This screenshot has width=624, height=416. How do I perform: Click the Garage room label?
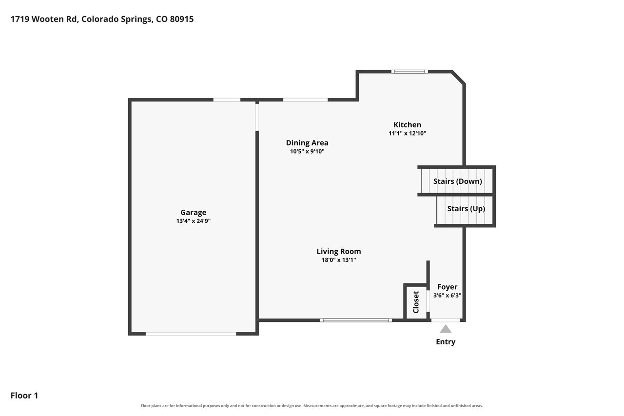(194, 213)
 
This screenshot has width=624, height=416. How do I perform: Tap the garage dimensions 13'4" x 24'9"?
(194, 221)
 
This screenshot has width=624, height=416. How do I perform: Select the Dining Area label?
(307, 143)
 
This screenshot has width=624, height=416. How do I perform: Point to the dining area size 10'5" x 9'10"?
(307, 151)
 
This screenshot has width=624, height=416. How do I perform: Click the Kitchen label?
(407, 124)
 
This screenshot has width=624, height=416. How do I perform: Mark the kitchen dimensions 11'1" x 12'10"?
(407, 133)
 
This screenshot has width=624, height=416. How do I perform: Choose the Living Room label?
(339, 252)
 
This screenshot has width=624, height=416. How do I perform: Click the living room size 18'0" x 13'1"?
(339, 260)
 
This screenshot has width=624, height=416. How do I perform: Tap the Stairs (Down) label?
(457, 181)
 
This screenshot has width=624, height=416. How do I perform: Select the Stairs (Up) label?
(466, 209)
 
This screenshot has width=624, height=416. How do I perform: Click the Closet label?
(416, 302)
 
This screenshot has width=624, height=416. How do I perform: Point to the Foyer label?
(447, 287)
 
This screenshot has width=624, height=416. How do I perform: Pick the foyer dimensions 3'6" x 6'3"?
(447, 296)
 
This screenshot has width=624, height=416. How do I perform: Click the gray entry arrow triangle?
(446, 329)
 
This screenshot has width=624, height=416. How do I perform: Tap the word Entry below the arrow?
(446, 342)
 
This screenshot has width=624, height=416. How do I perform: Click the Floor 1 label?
(24, 396)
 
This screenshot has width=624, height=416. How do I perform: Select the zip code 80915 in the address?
(182, 19)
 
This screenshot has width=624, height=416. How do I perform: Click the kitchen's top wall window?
(409, 72)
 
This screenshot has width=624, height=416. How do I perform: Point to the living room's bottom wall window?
(356, 320)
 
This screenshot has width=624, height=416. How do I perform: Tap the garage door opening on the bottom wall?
(191, 334)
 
